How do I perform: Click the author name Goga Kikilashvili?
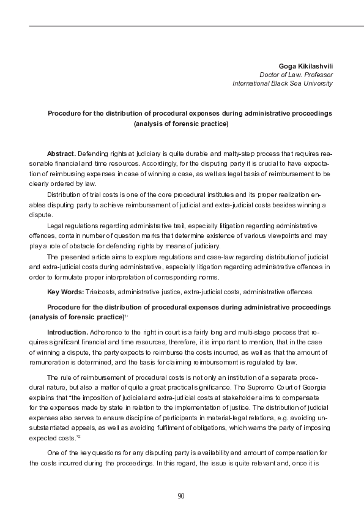305,65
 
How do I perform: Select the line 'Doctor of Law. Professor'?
296,74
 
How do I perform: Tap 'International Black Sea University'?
283,83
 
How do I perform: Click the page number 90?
181,495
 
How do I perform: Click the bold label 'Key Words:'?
65,291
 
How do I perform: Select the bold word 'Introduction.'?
67,332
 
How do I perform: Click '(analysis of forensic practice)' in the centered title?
180,124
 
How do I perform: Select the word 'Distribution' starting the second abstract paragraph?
65,194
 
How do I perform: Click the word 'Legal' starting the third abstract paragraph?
56,226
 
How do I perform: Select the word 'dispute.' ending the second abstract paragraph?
40,215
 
